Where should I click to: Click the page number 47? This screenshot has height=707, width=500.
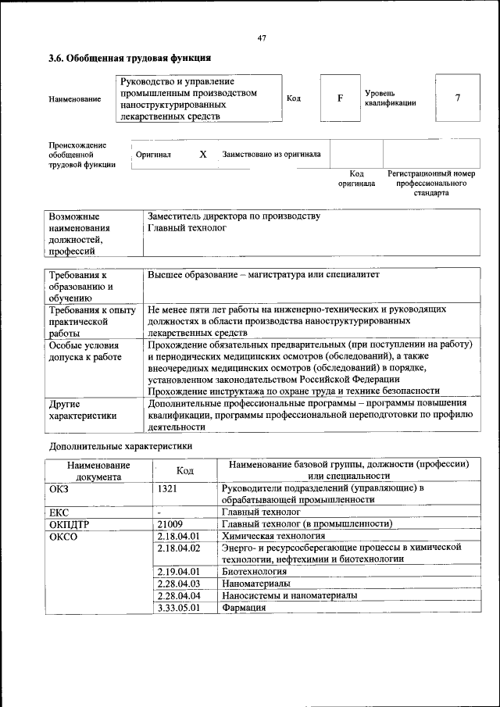pos(262,38)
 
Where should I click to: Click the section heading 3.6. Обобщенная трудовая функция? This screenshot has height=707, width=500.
pos(130,58)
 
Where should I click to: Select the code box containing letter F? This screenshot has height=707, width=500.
pos(340,98)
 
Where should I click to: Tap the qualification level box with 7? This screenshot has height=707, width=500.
pos(457,98)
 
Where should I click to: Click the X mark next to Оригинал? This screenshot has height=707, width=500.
pos(202,155)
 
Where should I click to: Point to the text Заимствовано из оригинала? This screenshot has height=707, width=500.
pos(271,155)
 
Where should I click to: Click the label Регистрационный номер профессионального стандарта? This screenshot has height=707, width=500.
pos(431,183)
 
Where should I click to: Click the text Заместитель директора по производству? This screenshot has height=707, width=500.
pos(234,216)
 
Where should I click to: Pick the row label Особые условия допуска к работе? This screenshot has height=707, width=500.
pos(84,351)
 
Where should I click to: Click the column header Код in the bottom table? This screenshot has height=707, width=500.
pos(185,470)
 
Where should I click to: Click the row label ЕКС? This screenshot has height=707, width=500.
pos(59,512)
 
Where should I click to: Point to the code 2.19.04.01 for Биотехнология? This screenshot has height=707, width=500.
pos(179,571)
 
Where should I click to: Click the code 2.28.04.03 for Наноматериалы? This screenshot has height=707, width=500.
pos(179,584)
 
